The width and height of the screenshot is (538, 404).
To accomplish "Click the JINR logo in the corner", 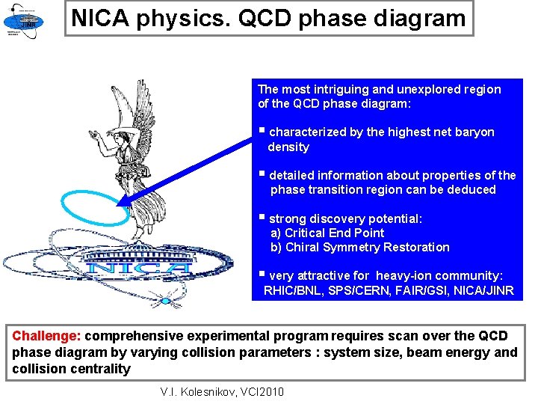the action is coord(23,19).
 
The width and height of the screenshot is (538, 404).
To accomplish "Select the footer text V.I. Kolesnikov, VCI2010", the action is coord(223,391).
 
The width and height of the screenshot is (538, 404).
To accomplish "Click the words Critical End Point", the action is coord(335,233).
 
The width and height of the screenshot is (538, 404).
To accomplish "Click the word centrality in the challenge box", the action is coord(100,368).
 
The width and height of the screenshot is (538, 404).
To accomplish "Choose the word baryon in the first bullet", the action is coord(475,132).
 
